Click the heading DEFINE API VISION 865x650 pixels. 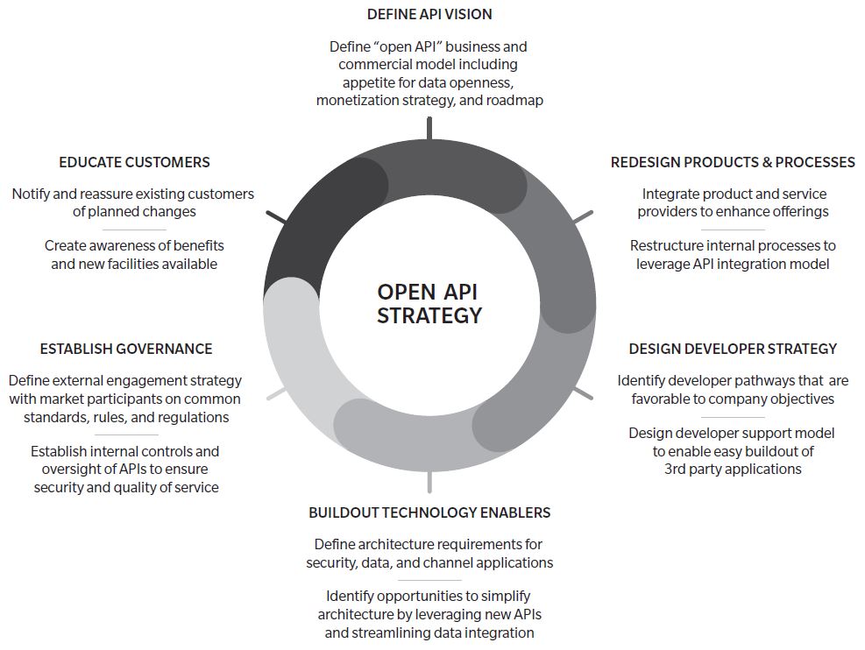pyautogui.click(x=429, y=14)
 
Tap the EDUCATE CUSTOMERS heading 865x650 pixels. pyautogui.click(x=134, y=162)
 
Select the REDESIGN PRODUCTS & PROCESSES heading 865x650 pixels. pyautogui.click(x=733, y=162)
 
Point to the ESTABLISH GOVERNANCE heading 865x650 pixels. pyautogui.click(x=126, y=349)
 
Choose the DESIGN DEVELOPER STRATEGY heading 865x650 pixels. pyautogui.click(x=733, y=349)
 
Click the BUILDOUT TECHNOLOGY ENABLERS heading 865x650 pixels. pyautogui.click(x=429, y=512)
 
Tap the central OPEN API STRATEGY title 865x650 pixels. pyautogui.click(x=429, y=303)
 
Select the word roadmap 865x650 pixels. pyautogui.click(x=515, y=101)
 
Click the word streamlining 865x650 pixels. pyautogui.click(x=394, y=632)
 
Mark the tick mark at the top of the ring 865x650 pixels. pyautogui.click(x=429, y=128)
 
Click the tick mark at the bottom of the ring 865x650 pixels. pyautogui.click(x=429, y=482)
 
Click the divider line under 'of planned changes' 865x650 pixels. pyautogui.click(x=133, y=229)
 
